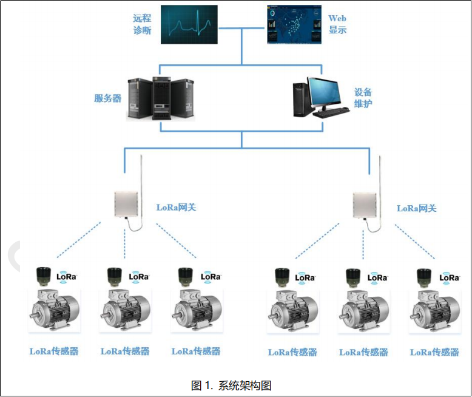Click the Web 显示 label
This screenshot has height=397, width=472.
tap(337, 24)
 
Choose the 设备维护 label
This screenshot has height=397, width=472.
tap(363, 98)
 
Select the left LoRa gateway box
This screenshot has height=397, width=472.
tap(129, 205)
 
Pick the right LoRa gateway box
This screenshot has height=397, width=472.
tap(366, 205)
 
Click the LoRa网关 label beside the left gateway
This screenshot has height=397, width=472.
tap(176, 208)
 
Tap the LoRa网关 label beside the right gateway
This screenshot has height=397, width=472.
tap(416, 208)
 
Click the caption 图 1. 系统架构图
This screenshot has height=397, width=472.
tap(231, 385)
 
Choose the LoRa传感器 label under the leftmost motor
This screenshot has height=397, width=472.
tap(54, 351)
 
